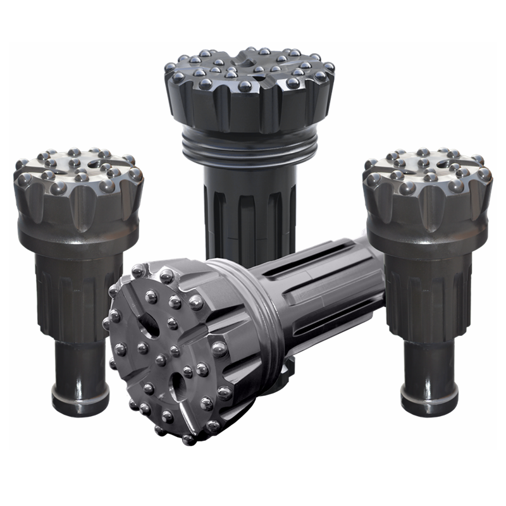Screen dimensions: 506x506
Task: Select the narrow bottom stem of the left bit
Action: pos(80,364)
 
